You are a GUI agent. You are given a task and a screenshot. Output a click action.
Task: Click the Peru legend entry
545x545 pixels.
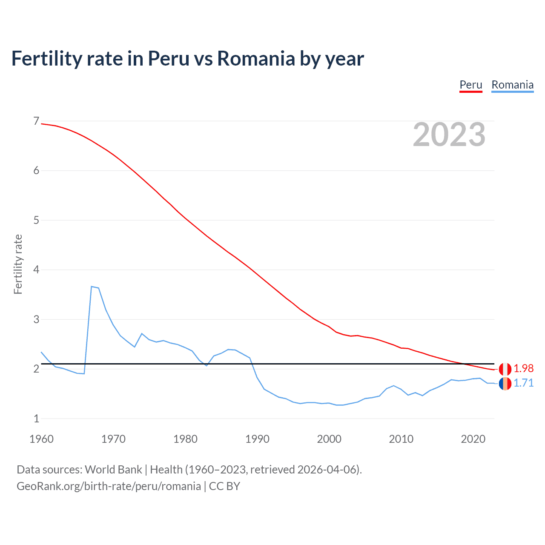tap(470, 85)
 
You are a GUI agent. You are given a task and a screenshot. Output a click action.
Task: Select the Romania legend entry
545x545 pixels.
tap(512, 85)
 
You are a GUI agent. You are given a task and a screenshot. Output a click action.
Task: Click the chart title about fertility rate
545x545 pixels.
tap(187, 58)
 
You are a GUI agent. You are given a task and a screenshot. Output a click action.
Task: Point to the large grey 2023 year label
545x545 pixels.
tap(449, 135)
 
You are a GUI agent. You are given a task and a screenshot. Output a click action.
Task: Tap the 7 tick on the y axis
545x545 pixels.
tap(36, 121)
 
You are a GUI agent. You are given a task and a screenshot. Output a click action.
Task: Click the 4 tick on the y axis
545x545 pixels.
tap(36, 270)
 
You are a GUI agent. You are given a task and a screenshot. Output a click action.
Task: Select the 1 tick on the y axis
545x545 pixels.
tap(36, 419)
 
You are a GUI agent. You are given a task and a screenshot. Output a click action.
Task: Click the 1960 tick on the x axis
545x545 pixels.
tap(41, 439)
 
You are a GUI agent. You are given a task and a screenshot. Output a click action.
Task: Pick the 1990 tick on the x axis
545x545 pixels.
tap(257, 439)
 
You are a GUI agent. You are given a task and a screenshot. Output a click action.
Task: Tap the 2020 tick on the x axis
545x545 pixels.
tap(473, 439)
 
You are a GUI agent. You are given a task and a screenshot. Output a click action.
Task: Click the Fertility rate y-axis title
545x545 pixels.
tap(18, 264)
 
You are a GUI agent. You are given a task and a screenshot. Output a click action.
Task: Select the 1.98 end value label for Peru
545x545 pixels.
tap(523, 368)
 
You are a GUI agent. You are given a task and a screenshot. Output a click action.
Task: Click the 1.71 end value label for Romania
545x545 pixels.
tap(523, 383)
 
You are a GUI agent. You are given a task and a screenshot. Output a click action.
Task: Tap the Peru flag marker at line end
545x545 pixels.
tap(505, 369)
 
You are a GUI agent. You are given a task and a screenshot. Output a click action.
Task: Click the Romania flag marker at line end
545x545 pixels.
tap(505, 383)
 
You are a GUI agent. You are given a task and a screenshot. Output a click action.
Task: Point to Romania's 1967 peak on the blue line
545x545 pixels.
tap(92, 287)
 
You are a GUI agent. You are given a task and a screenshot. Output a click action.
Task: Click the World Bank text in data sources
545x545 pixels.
tap(113, 470)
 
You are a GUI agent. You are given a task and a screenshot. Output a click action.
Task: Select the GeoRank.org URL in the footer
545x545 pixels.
tap(109, 486)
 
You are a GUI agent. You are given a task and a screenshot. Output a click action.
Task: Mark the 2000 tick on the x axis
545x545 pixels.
tap(329, 439)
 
